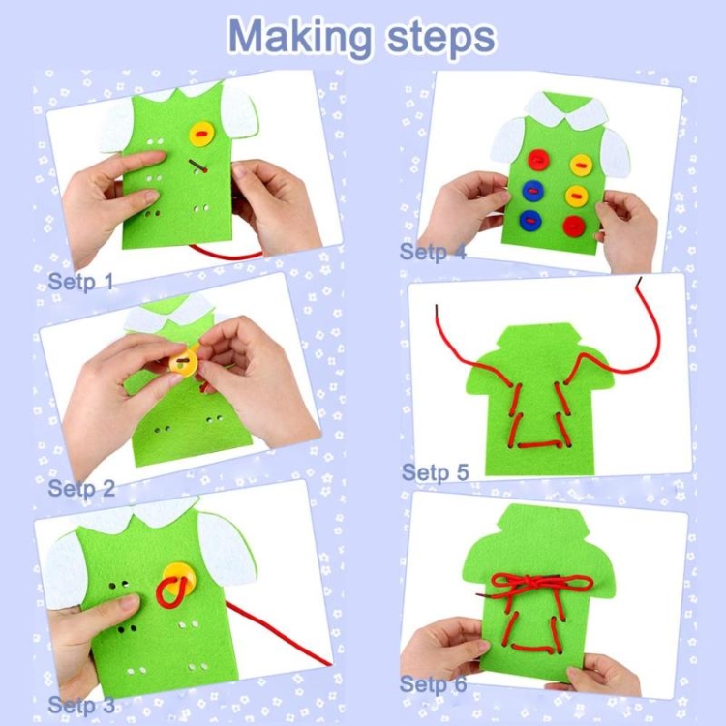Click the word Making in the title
(x=299, y=38)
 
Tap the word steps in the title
(x=440, y=37)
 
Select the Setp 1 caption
(x=81, y=281)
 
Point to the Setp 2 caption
(x=81, y=488)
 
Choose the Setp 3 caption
(x=81, y=705)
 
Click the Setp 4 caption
(x=433, y=252)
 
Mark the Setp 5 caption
(x=436, y=472)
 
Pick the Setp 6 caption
(x=433, y=683)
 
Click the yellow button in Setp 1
(x=202, y=134)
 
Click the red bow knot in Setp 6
(x=541, y=586)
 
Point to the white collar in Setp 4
(x=565, y=112)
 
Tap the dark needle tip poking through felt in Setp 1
(x=197, y=166)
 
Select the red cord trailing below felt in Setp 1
(x=225, y=254)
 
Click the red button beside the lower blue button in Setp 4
(x=574, y=226)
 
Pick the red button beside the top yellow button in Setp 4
(x=538, y=160)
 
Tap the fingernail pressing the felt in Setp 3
(x=130, y=602)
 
